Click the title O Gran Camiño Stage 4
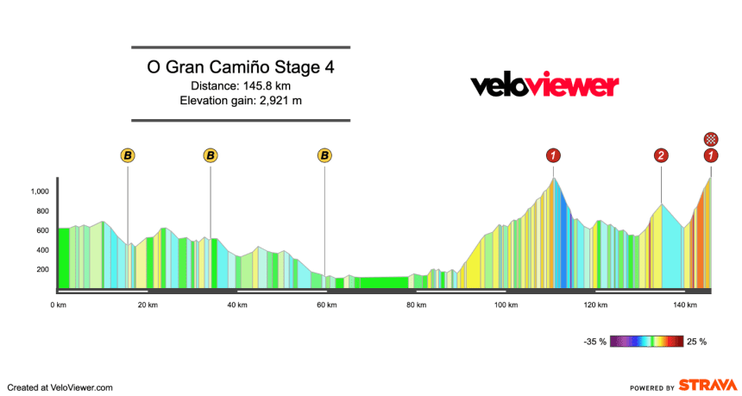point(241,67)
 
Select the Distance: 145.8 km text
point(241,85)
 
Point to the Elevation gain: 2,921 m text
point(241,101)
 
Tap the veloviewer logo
point(544,85)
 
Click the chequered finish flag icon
point(710,138)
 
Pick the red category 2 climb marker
point(661,155)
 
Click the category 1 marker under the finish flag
point(710,155)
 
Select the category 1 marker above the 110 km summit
point(553,155)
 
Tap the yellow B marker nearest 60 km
point(324,155)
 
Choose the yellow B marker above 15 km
point(128,155)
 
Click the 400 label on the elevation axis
point(41,250)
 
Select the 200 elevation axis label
point(41,269)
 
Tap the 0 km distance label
point(58,305)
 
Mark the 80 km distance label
point(416,305)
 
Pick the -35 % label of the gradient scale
point(595,342)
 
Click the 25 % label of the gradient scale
point(696,342)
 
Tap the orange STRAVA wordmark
point(708,385)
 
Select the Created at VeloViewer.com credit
point(60,387)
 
